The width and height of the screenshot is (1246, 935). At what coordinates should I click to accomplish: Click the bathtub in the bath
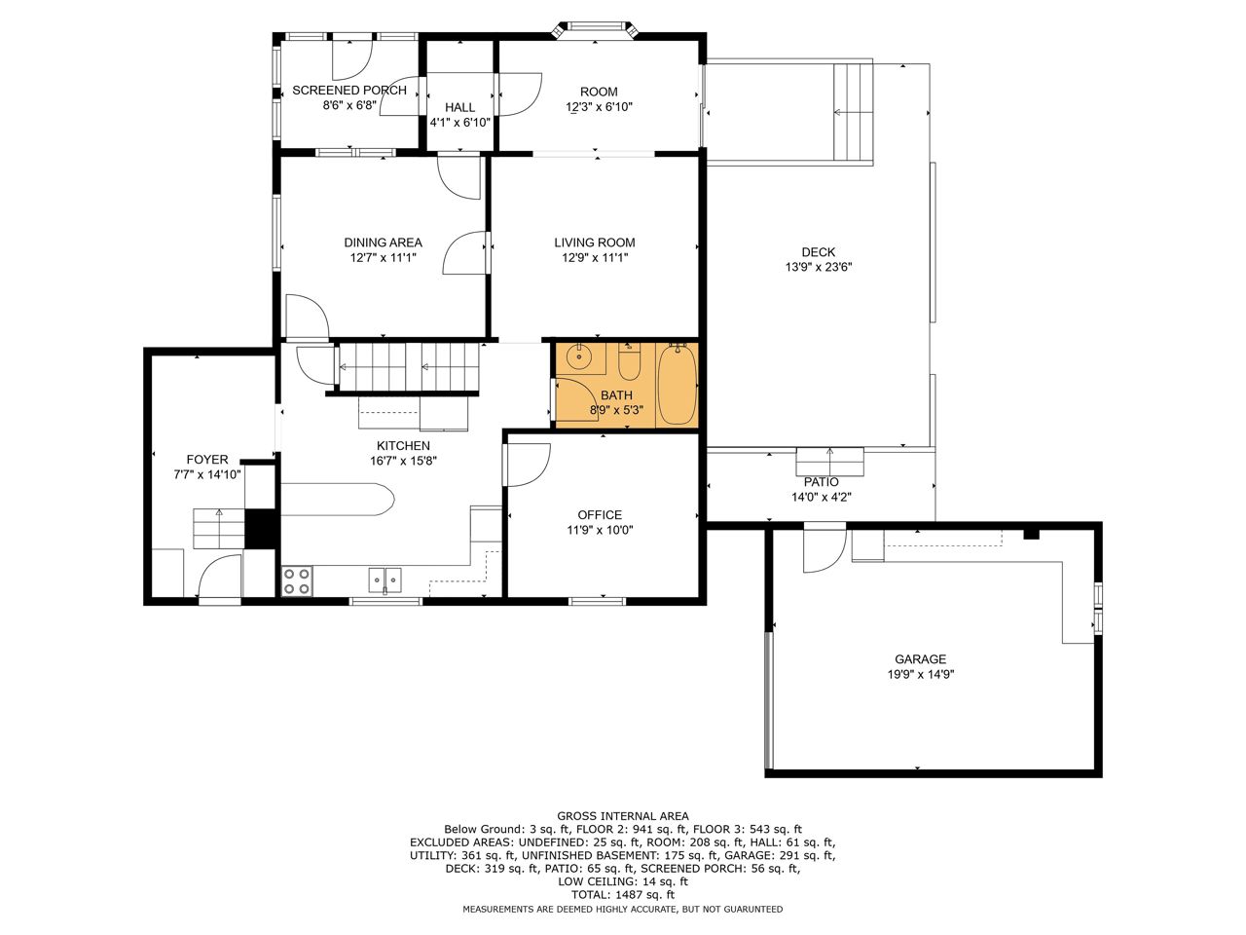pyautogui.click(x=678, y=385)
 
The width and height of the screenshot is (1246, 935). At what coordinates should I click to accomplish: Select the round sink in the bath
pyautogui.click(x=578, y=357)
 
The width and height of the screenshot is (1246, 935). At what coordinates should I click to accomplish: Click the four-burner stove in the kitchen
pyautogui.click(x=297, y=580)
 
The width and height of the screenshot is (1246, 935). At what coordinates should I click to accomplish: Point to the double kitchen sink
pyautogui.click(x=385, y=580)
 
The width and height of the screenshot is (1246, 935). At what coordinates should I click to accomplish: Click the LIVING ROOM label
pyautogui.click(x=595, y=243)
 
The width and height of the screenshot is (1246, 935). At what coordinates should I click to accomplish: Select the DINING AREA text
pyautogui.click(x=384, y=243)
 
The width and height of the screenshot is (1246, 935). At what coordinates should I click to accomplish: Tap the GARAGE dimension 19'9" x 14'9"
pyautogui.click(x=921, y=674)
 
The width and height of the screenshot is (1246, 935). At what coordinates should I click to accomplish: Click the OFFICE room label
pyautogui.click(x=600, y=515)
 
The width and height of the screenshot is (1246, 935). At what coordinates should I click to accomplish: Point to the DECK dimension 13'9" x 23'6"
pyautogui.click(x=819, y=267)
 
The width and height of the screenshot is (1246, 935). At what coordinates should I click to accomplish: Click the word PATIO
pyautogui.click(x=821, y=482)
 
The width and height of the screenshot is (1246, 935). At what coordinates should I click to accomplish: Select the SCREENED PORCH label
pyautogui.click(x=349, y=90)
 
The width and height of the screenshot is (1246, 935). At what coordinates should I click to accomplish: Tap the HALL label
pyautogui.click(x=459, y=107)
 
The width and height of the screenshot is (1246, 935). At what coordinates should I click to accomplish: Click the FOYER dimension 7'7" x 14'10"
pyautogui.click(x=207, y=474)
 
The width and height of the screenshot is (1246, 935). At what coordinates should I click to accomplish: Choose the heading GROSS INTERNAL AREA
pyautogui.click(x=623, y=816)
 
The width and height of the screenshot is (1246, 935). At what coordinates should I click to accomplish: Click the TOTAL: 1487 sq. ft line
pyautogui.click(x=623, y=895)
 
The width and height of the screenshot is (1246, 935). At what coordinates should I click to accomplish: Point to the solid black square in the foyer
pyautogui.click(x=261, y=529)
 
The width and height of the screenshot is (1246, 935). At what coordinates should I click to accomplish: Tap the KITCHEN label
pyautogui.click(x=403, y=446)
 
